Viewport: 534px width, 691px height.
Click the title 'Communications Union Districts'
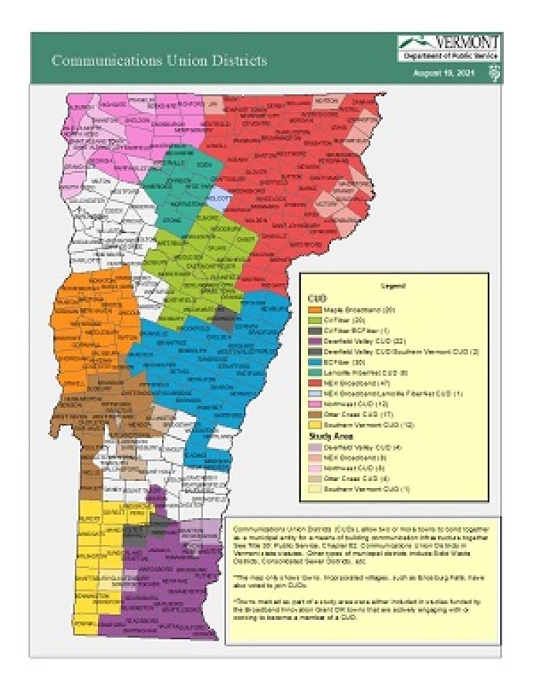[159, 60]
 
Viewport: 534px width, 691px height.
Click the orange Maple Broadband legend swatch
[314, 309]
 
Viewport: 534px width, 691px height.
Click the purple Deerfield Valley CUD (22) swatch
[314, 337]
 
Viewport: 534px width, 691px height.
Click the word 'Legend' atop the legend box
[393, 286]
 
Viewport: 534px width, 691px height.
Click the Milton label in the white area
[100, 182]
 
